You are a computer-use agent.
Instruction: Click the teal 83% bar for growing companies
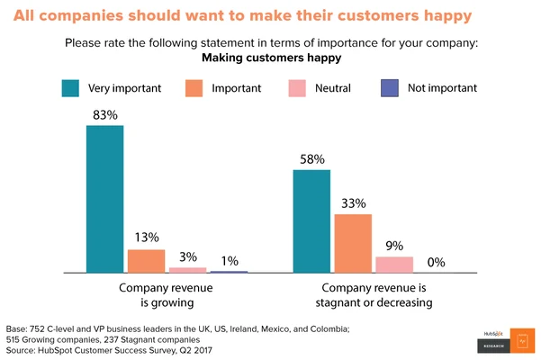(104, 198)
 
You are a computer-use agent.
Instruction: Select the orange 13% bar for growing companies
(146, 260)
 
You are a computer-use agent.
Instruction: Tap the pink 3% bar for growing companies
(187, 269)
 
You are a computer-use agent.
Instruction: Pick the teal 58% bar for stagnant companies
(311, 220)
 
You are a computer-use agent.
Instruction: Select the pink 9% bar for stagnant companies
(394, 264)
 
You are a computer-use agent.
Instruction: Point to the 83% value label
(104, 114)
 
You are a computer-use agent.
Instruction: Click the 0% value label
(436, 262)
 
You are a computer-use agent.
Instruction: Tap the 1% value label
(230, 261)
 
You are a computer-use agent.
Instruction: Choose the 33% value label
(353, 202)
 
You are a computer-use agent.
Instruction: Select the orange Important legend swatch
(194, 88)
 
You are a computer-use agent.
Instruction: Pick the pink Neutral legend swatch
(297, 88)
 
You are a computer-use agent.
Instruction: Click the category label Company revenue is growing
(167, 295)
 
